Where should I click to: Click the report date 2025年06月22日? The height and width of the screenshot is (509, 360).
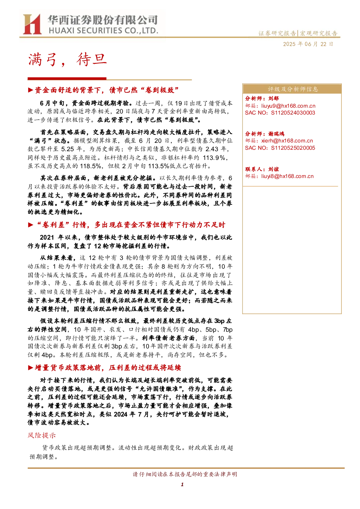(x=308, y=44)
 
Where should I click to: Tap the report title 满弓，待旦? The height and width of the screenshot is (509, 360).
(x=67, y=59)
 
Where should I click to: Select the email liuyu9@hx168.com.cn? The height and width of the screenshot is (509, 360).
(x=288, y=105)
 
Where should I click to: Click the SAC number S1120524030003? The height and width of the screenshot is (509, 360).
(x=293, y=113)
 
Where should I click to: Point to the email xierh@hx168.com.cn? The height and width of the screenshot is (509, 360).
(x=287, y=141)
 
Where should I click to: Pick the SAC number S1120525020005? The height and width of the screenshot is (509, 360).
(x=293, y=148)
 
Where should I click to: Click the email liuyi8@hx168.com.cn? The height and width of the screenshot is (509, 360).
(x=287, y=176)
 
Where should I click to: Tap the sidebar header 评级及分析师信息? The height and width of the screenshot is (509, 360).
(x=293, y=89)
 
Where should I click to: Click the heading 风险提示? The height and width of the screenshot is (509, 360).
(x=42, y=435)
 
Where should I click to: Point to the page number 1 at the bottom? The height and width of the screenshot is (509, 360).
(x=182, y=485)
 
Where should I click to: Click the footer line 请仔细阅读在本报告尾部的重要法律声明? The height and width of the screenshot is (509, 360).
(x=185, y=474)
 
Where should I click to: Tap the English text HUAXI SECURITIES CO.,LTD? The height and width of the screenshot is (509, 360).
(x=103, y=30)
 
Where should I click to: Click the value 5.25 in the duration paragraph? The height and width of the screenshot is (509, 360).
(x=68, y=149)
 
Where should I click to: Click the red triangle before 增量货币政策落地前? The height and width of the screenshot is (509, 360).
(x=30, y=368)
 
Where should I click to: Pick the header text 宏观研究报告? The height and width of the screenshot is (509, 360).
(x=318, y=33)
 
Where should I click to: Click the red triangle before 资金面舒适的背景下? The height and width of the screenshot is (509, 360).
(x=30, y=90)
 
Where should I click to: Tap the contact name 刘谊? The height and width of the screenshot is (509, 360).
(x=273, y=169)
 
